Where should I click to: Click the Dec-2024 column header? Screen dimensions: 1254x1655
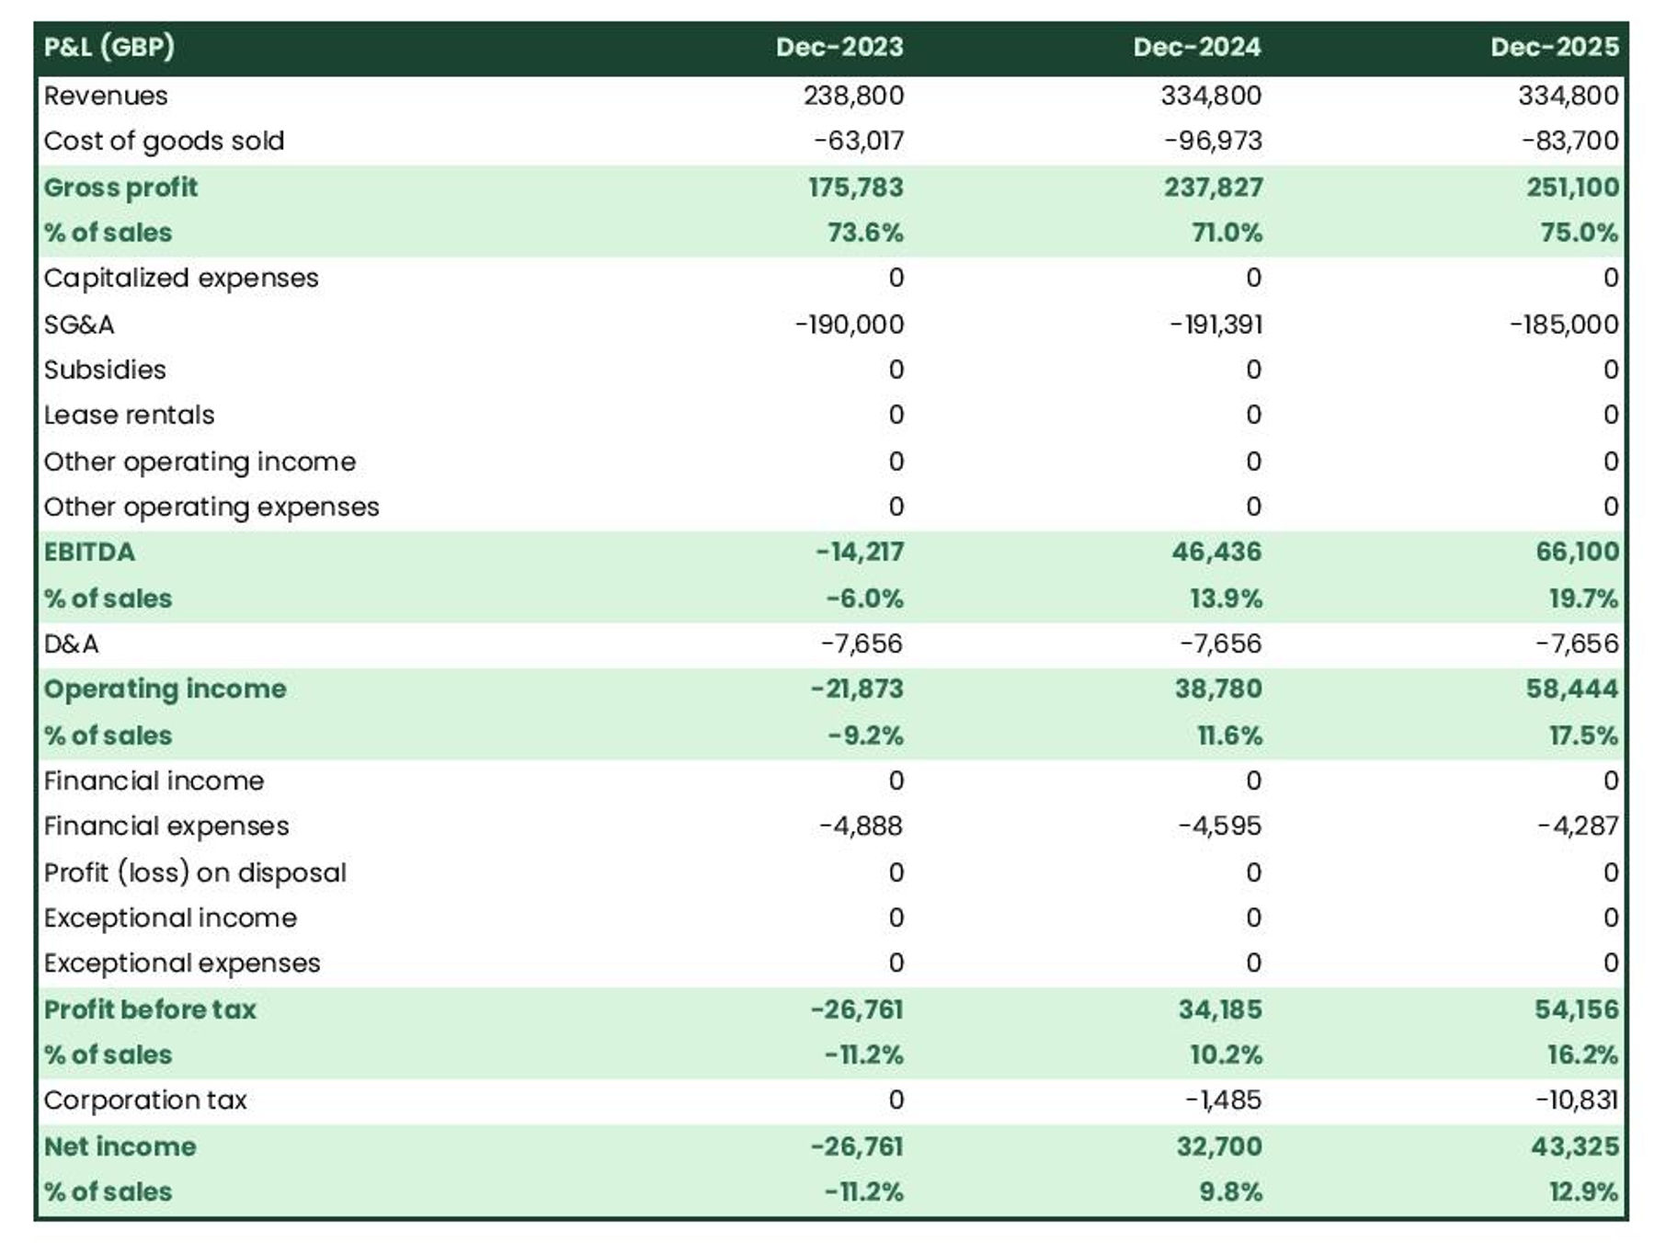[1196, 47]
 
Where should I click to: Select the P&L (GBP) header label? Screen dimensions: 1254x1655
[108, 47]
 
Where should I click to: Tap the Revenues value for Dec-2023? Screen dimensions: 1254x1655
[853, 96]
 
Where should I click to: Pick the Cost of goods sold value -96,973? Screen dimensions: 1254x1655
[1213, 141]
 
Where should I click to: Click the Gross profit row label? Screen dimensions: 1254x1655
[120, 188]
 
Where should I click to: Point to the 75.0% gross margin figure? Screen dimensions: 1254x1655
[1579, 233]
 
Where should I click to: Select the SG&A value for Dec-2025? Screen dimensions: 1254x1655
[1564, 325]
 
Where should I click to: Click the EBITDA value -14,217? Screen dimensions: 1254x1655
[860, 552]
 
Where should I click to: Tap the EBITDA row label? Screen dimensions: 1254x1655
[89, 552]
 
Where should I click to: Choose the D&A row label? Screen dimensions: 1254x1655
[71, 644]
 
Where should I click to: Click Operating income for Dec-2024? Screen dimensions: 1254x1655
[1217, 689]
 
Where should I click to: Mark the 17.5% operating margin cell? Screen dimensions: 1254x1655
[1582, 735]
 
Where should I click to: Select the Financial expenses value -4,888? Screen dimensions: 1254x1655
[861, 826]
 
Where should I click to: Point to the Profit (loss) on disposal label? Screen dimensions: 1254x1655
[195, 872]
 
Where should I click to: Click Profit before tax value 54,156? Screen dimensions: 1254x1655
[1576, 1009]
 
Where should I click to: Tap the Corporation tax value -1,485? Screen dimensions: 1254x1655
[1223, 1100]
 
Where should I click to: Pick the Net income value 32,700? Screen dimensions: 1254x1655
[1219, 1146]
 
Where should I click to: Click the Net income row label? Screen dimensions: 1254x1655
[120, 1146]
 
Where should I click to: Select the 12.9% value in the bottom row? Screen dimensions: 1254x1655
[1582, 1191]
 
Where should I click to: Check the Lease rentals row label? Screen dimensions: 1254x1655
[129, 415]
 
